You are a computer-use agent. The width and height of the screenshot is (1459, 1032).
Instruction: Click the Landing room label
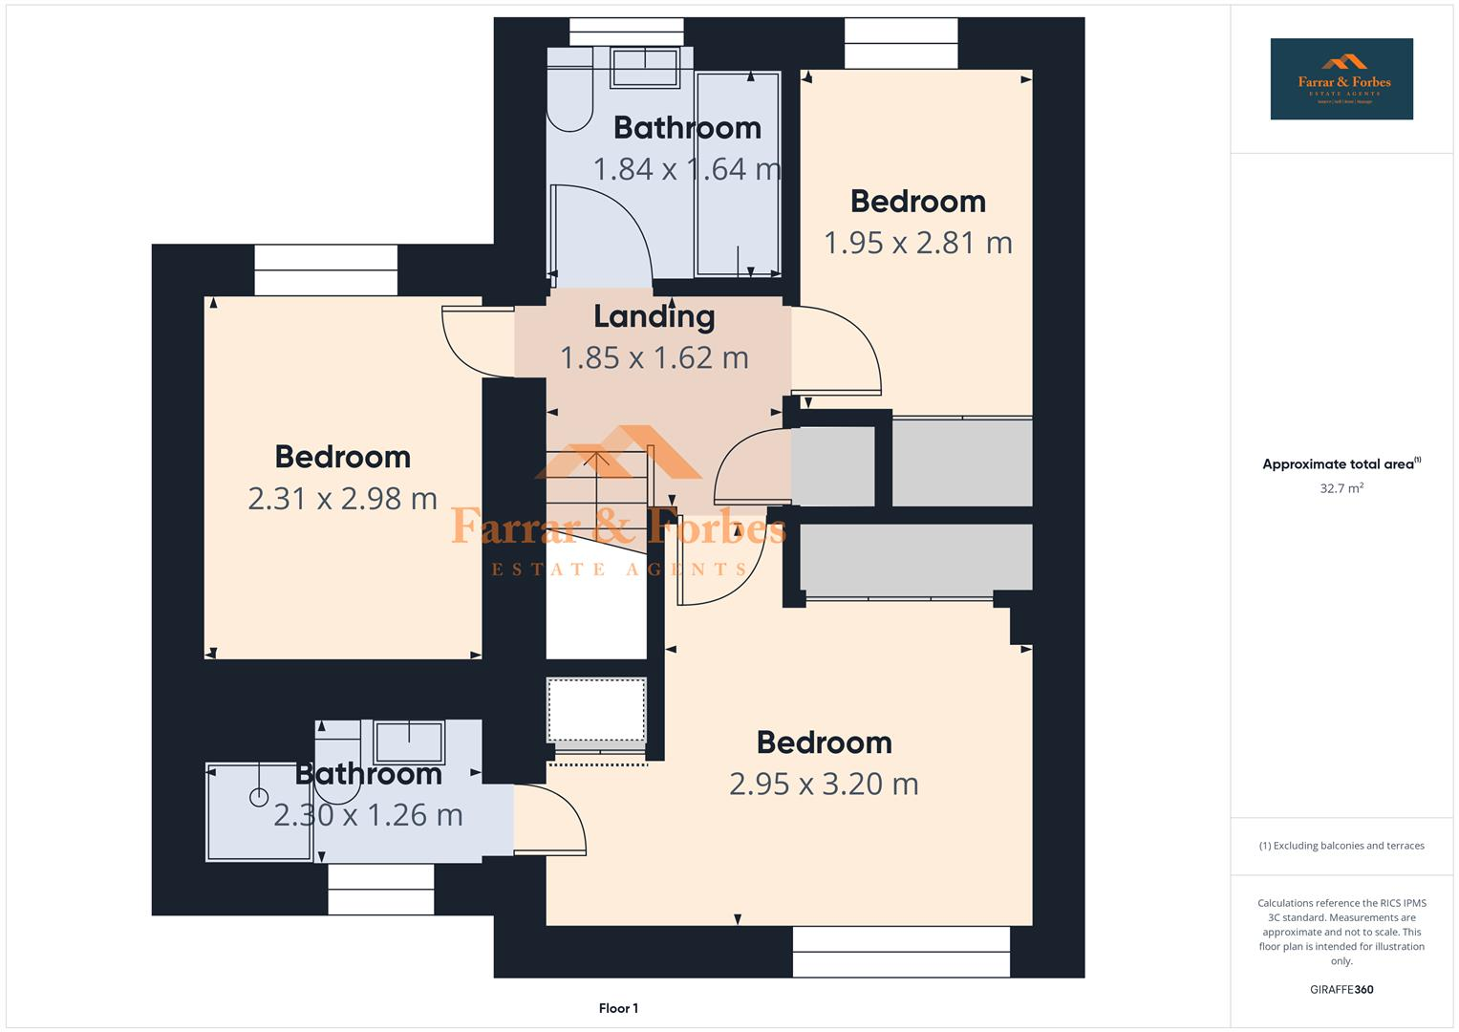(x=654, y=316)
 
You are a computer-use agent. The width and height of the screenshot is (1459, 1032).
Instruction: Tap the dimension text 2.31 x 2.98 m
(x=342, y=498)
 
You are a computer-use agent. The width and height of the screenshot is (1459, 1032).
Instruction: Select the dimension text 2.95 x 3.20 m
(x=824, y=784)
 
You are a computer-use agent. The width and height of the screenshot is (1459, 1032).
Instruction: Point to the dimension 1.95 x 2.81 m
(x=917, y=243)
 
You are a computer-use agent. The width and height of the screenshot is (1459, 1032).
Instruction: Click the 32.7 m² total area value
(x=1341, y=488)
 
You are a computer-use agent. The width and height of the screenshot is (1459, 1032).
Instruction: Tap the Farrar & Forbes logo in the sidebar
(x=1341, y=78)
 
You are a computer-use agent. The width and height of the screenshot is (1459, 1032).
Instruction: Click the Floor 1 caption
(x=618, y=1008)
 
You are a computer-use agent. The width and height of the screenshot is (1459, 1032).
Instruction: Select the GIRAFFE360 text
(x=1341, y=989)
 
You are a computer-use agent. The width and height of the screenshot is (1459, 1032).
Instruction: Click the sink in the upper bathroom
(x=645, y=67)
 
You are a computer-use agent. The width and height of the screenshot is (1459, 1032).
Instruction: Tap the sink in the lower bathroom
(x=409, y=742)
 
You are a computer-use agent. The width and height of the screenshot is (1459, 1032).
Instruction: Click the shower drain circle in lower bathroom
(x=259, y=797)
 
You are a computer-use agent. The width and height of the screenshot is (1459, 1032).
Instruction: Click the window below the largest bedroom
(x=901, y=952)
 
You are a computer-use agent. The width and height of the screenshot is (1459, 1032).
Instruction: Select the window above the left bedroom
(x=326, y=270)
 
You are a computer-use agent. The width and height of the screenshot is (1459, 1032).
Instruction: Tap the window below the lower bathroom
(x=381, y=889)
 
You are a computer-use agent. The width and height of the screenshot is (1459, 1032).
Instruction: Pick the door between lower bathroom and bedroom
(x=549, y=820)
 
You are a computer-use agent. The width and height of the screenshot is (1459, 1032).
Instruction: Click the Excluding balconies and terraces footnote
(x=1341, y=846)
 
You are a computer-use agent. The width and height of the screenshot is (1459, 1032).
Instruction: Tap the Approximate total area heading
(x=1341, y=464)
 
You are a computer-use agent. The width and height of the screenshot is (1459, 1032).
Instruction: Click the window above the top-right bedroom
(x=901, y=44)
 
